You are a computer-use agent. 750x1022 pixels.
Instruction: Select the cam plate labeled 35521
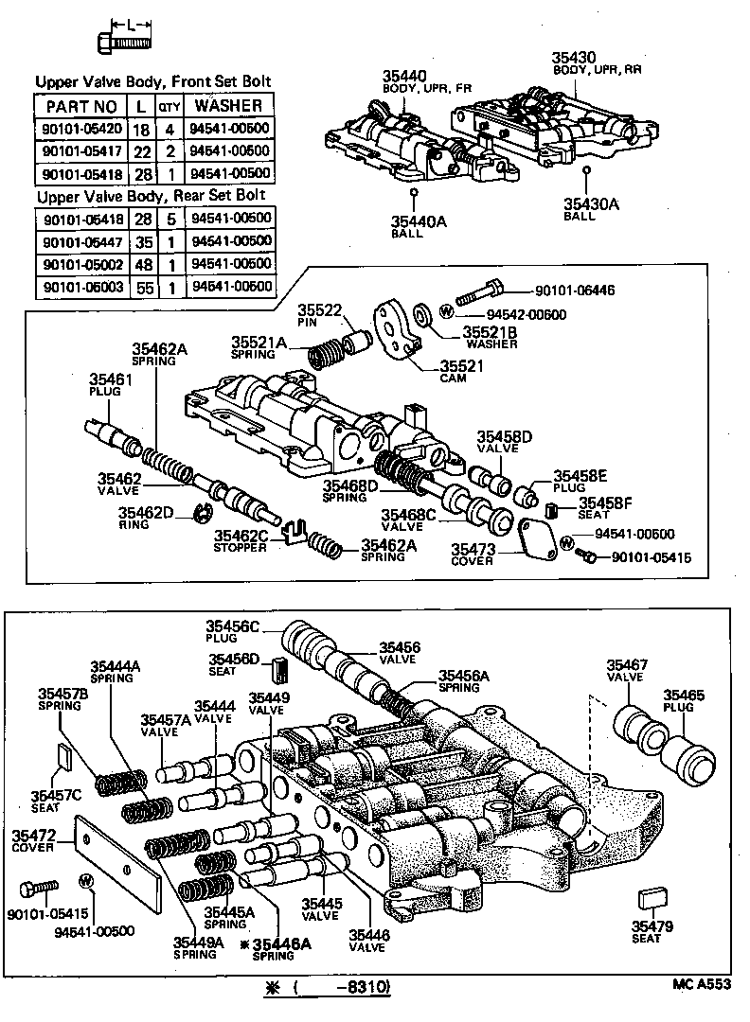click(x=399, y=328)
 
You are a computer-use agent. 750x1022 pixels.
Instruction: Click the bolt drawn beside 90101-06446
click(x=479, y=291)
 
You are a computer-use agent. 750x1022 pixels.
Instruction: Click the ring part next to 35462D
click(x=200, y=514)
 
